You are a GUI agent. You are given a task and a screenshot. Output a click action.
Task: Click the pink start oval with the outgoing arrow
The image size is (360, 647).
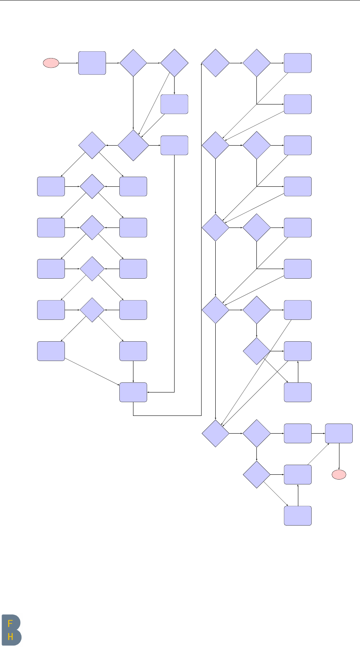pyautogui.click(x=51, y=63)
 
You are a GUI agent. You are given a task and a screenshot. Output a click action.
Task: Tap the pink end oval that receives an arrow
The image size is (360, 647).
pyautogui.click(x=339, y=475)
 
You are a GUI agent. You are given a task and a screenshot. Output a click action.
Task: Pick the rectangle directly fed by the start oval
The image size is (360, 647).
pyautogui.click(x=92, y=63)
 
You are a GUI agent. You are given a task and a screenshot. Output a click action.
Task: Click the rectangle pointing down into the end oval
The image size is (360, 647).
pyautogui.click(x=339, y=433)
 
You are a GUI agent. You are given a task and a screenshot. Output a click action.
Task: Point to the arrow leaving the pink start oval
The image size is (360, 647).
pyautogui.click(x=69, y=63)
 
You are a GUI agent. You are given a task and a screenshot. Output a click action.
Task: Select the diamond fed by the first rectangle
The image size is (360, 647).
pyautogui.click(x=133, y=63)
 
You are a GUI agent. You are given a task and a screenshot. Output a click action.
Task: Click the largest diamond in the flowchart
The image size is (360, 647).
pyautogui.click(x=133, y=145)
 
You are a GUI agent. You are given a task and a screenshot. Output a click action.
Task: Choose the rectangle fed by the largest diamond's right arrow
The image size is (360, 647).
pyautogui.click(x=174, y=145)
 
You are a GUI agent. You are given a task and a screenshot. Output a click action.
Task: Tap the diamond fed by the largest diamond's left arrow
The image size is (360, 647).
pyautogui.click(x=92, y=145)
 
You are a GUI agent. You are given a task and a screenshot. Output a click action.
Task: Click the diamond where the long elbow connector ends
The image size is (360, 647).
pyautogui.click(x=215, y=63)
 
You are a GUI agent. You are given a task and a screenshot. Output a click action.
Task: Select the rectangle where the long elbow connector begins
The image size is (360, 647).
pyautogui.click(x=133, y=392)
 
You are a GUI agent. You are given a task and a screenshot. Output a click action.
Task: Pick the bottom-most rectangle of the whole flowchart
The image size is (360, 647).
pyautogui.click(x=298, y=516)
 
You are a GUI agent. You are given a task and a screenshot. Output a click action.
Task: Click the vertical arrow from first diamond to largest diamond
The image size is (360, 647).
pyautogui.click(x=133, y=103)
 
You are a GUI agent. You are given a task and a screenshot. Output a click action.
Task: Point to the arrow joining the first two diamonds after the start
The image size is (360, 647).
pyautogui.click(x=154, y=63)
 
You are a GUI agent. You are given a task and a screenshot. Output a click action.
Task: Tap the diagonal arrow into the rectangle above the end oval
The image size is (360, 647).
pyautogui.click(x=318, y=454)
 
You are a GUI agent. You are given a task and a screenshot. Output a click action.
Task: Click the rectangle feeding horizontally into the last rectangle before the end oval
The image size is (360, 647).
pyautogui.click(x=298, y=433)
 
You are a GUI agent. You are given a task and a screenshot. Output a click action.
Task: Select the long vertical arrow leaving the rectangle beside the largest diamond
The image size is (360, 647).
pyautogui.click(x=174, y=270)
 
